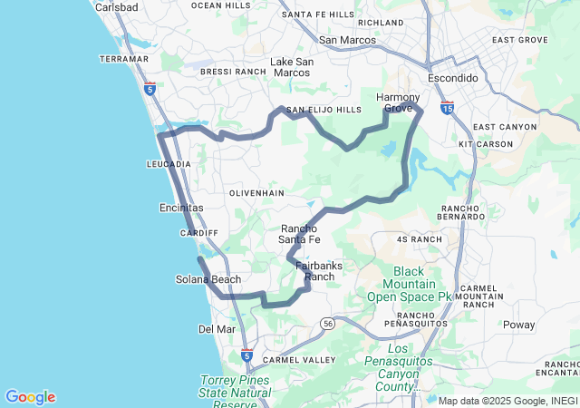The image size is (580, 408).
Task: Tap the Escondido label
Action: (453, 78)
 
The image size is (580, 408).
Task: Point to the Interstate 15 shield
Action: (448, 107)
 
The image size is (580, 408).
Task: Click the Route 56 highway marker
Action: (327, 323)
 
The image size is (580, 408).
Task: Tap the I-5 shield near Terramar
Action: (150, 89)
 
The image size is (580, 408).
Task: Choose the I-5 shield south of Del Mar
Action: (247, 354)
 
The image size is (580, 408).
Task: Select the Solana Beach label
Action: (208, 279)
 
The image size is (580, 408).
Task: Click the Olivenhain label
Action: (256, 193)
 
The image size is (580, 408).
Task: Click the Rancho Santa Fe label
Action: (300, 234)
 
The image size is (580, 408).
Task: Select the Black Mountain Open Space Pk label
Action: (409, 284)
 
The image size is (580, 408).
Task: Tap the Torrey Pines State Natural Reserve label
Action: (235, 393)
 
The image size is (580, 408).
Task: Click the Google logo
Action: (30, 397)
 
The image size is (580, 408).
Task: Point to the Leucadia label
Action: (169, 164)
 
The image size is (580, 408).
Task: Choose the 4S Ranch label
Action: (420, 239)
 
